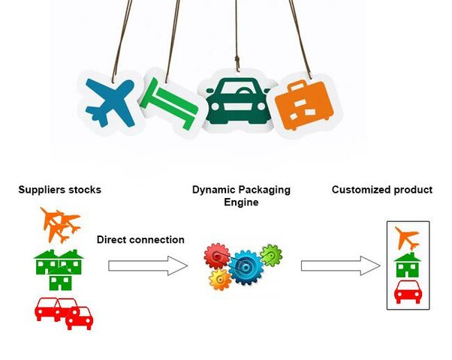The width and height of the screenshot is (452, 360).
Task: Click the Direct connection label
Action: point(140,240)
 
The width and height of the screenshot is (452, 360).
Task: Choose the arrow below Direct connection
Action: point(147,265)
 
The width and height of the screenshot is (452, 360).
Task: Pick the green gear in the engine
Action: point(271,256)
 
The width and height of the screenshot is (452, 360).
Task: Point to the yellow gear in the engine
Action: point(220,280)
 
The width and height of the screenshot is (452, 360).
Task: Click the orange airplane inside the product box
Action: point(407,238)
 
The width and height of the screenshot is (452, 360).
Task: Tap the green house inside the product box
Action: point(407,264)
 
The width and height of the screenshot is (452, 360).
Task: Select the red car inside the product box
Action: point(407,291)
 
